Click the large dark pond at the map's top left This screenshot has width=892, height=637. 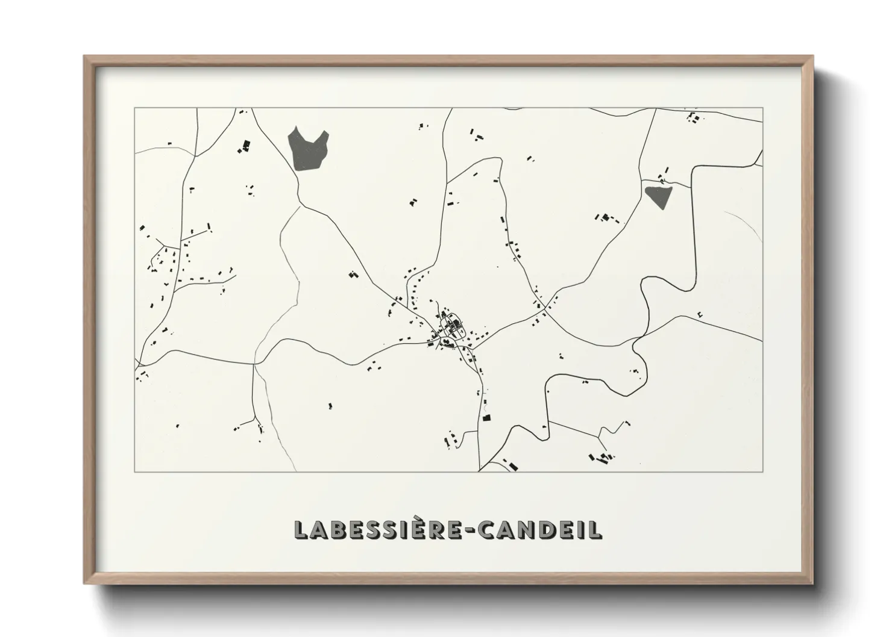point(307,149)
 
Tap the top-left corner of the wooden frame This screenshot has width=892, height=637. point(84,57)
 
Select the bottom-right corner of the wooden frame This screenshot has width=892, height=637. point(812,583)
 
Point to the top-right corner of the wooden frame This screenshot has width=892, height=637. point(812,57)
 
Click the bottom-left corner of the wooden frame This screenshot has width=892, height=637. point(84,583)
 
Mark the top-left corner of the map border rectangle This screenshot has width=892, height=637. point(134,108)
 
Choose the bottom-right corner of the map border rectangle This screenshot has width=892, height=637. point(762,471)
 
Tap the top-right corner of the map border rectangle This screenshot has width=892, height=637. point(762,108)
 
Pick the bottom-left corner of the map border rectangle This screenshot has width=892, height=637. point(134,471)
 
